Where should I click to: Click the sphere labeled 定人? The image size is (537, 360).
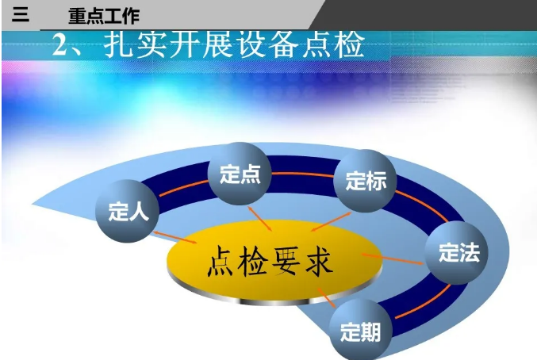click(x=127, y=211)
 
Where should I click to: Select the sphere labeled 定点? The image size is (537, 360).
click(x=240, y=174)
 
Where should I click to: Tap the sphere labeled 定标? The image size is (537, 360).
click(x=365, y=181)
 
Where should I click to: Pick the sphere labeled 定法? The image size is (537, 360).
click(x=457, y=253)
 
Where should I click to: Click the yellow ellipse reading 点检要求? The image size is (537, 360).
click(x=274, y=261)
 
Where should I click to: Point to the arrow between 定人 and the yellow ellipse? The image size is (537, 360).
click(x=175, y=237)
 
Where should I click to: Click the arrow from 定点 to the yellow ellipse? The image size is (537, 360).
click(x=260, y=218)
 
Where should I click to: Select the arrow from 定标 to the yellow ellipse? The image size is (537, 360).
click(x=331, y=222)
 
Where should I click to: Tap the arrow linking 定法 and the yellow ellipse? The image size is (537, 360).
click(x=392, y=259)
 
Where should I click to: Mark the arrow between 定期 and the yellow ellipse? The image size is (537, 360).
click(x=326, y=297)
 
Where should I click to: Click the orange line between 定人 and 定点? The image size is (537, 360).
click(x=183, y=188)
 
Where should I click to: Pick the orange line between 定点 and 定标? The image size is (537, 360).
click(x=303, y=174)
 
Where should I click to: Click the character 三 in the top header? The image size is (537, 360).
click(x=21, y=14)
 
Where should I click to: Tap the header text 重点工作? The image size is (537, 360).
click(x=104, y=16)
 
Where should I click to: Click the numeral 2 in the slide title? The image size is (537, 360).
click(x=60, y=45)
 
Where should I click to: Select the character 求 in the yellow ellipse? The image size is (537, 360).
click(x=319, y=262)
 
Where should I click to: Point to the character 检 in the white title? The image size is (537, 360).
click(x=349, y=44)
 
